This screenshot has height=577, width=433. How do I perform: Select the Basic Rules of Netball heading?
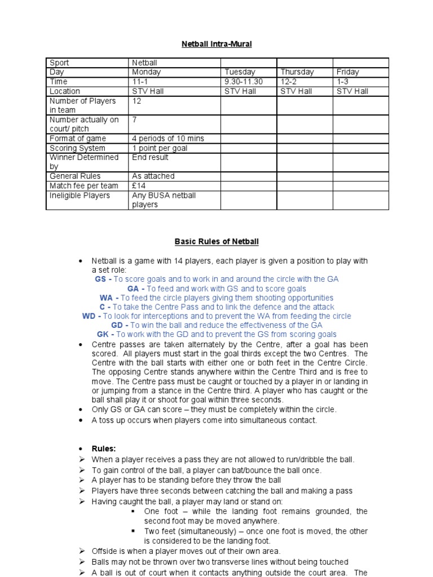coord(216,242)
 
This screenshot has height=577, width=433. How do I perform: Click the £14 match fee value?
coord(139,185)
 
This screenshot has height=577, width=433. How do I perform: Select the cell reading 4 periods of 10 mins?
coord(168,139)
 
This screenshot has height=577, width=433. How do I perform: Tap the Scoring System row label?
coord(77,148)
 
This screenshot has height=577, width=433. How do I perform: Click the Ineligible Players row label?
coord(79,196)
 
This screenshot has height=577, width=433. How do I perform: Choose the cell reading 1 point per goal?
coord(160,148)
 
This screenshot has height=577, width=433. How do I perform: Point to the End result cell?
coord(150,158)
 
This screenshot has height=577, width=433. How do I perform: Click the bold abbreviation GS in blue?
coord(100,279)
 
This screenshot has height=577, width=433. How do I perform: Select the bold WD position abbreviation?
coord(89,316)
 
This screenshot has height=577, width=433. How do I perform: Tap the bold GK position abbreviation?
coord(103,335)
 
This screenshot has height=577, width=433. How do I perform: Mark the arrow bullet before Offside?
coord(82,551)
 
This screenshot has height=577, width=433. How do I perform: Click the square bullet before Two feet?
coord(134,531)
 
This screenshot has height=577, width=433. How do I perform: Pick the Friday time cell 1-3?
coord(342,82)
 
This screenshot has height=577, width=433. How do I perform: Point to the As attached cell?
coord(153,176)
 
